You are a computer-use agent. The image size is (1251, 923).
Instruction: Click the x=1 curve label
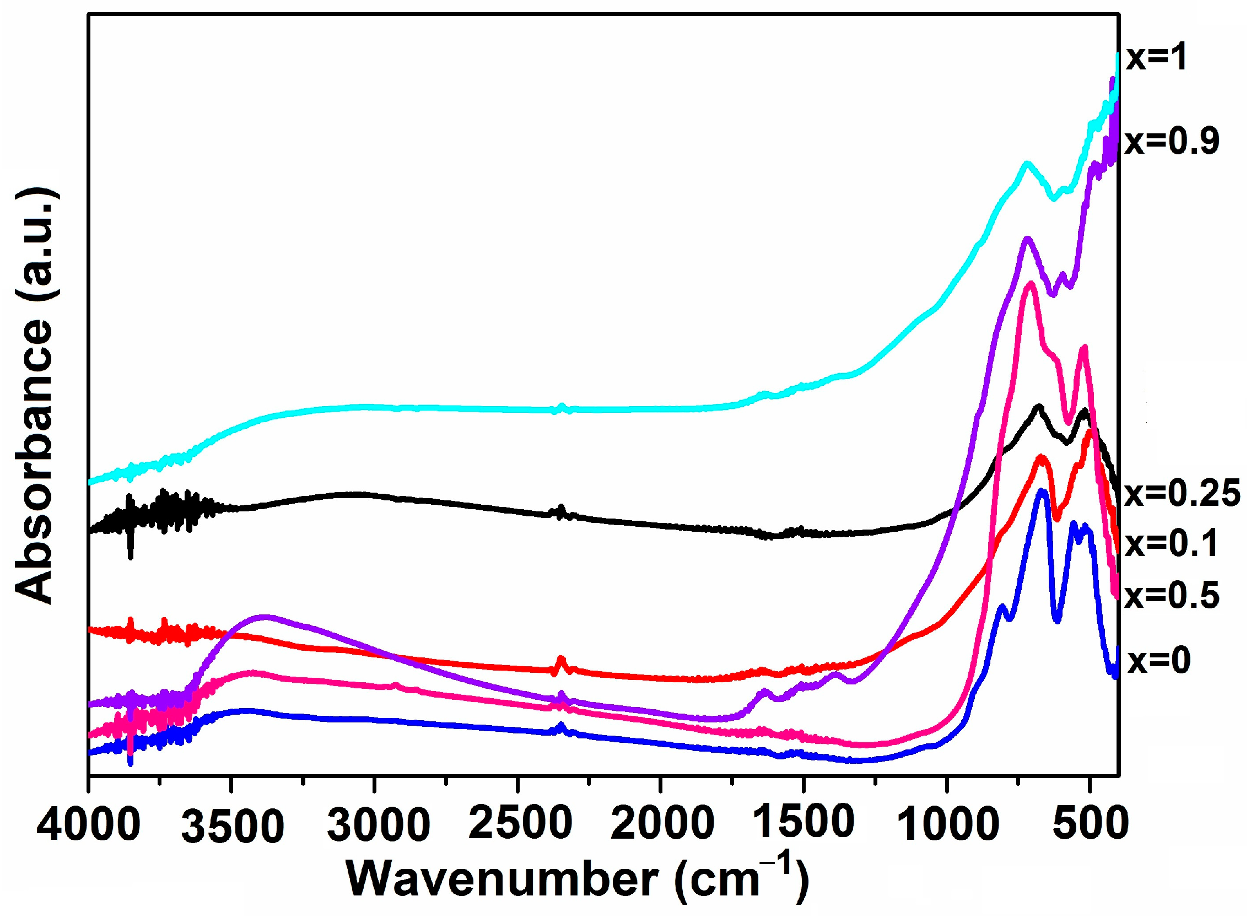[x=1156, y=58]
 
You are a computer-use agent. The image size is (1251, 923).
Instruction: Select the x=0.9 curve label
[x=1172, y=141]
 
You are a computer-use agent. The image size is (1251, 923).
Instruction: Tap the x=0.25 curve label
[x=1182, y=493]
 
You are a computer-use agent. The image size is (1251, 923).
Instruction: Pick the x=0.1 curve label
[x=1172, y=543]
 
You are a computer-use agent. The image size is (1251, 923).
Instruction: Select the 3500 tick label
[x=233, y=827]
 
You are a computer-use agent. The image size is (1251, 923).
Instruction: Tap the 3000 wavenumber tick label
[x=378, y=826]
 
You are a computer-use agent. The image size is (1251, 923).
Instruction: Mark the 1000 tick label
[x=948, y=825]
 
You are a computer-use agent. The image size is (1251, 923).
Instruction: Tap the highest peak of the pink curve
[x=1031, y=285]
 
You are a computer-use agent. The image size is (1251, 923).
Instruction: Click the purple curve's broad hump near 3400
[x=265, y=618]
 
